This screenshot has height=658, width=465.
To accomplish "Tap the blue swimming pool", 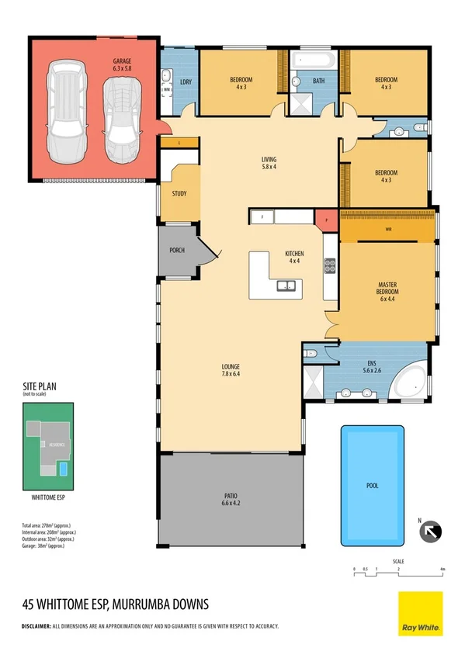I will tap(373, 485).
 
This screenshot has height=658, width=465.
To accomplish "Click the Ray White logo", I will tap(420, 613).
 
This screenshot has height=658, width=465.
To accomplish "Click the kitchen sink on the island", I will tap(285, 288).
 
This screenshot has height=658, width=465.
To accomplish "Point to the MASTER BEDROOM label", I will tap(387, 289).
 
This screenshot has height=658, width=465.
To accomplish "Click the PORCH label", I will tap(176, 251).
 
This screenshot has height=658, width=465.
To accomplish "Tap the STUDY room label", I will tap(179, 194).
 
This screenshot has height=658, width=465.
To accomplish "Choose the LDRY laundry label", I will tap(186, 82).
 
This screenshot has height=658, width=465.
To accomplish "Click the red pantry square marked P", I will tap(325, 219).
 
